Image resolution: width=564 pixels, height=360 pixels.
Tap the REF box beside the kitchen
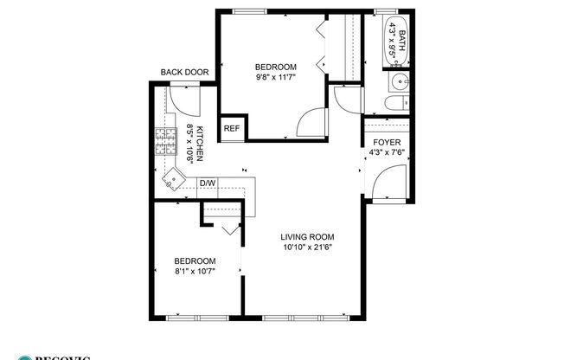point(231,128)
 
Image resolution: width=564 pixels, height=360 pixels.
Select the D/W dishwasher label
point(208,183)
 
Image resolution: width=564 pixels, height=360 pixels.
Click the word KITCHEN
point(200,144)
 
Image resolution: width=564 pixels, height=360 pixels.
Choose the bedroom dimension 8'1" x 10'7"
point(195,271)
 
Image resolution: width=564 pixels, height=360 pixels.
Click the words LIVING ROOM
point(307,236)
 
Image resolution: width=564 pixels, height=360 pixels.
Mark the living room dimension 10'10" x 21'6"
point(307,247)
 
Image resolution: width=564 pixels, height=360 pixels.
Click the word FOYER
point(386,143)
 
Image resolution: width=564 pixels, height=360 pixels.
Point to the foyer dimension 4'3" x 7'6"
point(386,153)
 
